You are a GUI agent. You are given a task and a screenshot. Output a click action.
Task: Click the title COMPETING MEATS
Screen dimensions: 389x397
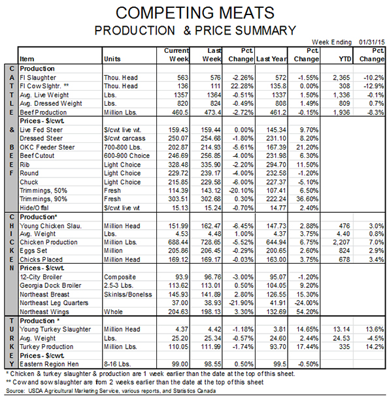click(195, 12)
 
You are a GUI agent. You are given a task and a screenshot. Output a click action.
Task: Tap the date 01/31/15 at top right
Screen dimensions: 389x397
click(371, 42)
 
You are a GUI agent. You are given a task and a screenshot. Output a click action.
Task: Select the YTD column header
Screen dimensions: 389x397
click(345, 59)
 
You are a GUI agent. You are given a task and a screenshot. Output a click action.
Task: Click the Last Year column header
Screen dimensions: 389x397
click(271, 59)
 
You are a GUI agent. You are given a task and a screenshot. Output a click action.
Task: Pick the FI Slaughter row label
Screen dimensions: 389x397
click(38, 78)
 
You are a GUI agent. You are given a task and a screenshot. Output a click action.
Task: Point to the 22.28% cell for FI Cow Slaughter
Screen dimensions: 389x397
click(242, 86)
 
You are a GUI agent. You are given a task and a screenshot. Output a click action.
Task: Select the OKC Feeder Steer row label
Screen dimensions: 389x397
click(47, 147)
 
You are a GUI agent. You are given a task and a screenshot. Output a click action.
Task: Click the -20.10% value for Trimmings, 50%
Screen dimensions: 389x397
click(241, 191)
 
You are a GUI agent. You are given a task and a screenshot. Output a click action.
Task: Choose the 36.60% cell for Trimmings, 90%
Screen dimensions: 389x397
click(307, 199)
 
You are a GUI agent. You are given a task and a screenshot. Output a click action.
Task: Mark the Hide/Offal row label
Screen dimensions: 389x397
click(34, 208)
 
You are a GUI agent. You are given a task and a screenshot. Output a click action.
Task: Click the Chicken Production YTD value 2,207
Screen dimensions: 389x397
click(341, 242)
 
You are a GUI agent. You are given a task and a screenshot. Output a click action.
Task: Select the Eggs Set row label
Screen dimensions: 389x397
click(33, 251)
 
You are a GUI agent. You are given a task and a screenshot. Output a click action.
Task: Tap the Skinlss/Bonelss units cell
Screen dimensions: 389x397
click(127, 294)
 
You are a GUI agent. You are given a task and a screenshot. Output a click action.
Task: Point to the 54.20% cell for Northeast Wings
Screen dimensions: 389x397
click(307, 311)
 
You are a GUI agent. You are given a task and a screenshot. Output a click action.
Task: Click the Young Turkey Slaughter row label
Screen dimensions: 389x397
click(55, 329)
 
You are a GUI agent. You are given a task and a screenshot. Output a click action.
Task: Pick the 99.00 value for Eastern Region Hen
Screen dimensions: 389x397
click(180, 364)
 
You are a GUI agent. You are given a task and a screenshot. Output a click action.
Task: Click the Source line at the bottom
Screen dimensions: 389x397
click(111, 391)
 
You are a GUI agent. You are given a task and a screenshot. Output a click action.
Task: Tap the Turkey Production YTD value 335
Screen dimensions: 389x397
click(345, 347)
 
